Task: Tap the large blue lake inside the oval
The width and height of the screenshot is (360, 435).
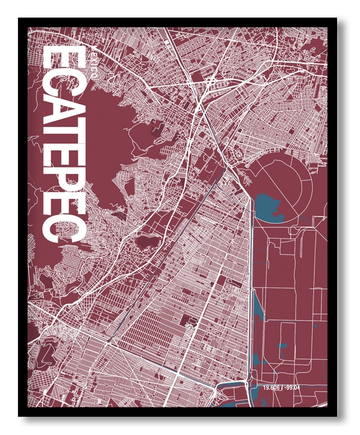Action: (x=267, y=207)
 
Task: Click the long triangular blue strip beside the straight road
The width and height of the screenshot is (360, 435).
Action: (x=258, y=305)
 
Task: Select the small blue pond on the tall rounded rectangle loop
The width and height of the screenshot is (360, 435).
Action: (x=282, y=346)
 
